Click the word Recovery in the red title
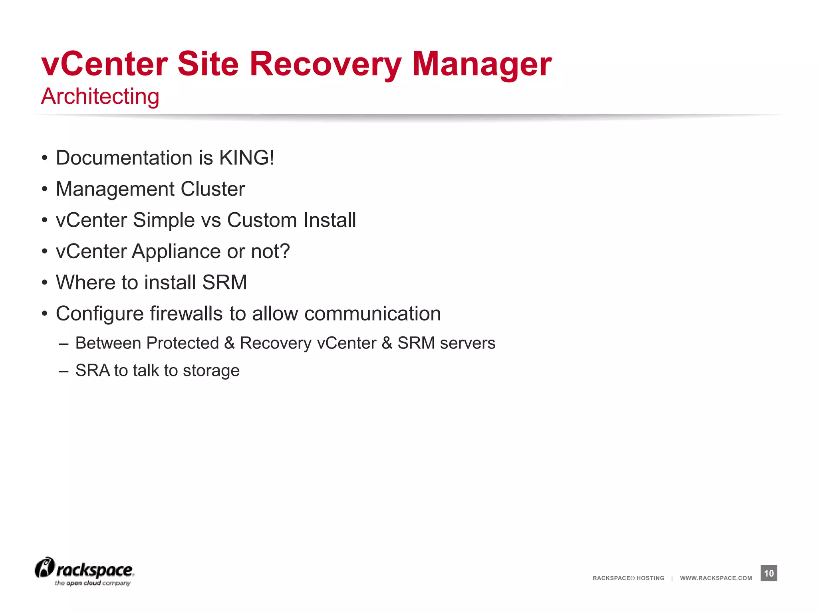tap(325, 65)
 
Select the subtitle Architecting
tap(100, 97)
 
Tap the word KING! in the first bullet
tap(246, 158)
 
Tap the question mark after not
tap(285, 251)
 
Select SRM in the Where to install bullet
tap(224, 283)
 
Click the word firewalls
tap(186, 314)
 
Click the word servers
tap(467, 343)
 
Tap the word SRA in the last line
tap(92, 370)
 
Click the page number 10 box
tap(768, 573)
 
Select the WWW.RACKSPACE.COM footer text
tap(716, 578)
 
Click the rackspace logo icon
tap(44, 568)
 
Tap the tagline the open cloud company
tap(93, 583)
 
